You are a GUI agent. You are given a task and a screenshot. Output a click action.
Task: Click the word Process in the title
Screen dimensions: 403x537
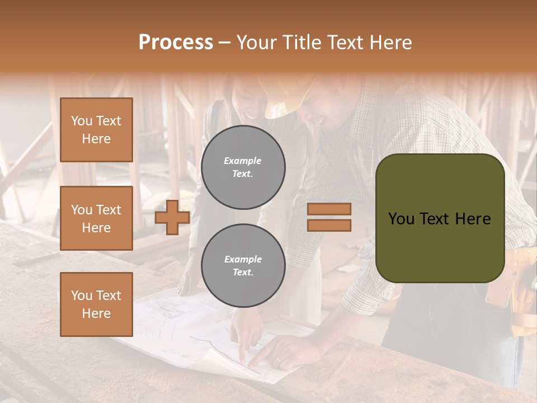pos(176,43)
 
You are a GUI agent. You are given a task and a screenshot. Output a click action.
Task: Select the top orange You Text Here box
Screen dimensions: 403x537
pos(96,130)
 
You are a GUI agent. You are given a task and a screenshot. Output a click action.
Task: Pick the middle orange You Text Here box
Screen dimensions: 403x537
pos(96,218)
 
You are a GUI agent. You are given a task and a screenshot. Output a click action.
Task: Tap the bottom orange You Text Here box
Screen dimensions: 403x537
pos(96,304)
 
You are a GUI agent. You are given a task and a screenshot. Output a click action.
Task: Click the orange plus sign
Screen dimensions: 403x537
pos(172,218)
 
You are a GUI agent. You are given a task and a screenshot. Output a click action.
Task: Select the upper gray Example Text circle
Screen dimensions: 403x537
pos(243,167)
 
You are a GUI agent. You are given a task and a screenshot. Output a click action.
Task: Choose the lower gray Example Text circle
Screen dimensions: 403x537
pos(243,266)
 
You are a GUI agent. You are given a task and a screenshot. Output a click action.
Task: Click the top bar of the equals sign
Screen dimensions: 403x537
pos(329,209)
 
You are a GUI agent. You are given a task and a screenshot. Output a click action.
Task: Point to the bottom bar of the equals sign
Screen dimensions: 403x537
pos(329,225)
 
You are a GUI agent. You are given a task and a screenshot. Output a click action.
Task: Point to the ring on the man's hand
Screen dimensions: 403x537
pos(278,360)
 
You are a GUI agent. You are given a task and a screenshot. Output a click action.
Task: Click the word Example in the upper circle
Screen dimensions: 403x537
pos(243,161)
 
